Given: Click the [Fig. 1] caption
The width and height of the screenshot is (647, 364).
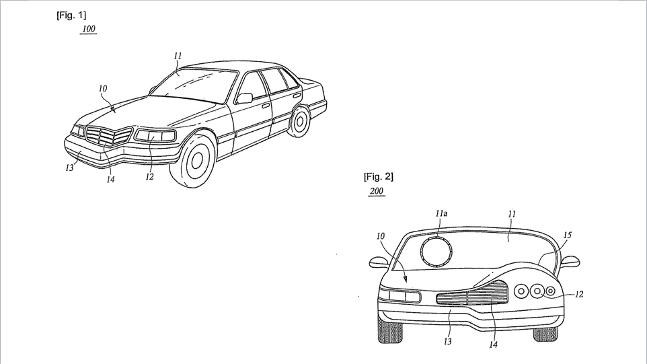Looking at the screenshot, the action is [x=71, y=15].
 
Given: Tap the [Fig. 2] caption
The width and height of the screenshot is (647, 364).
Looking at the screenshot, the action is [x=379, y=177].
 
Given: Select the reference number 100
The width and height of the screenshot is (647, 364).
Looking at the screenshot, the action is [x=89, y=29].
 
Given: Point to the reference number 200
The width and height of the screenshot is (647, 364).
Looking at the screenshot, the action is [x=377, y=191].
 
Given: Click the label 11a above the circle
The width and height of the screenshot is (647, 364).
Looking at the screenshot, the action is [x=441, y=213].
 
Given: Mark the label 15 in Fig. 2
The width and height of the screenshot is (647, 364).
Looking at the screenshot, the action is [x=568, y=235].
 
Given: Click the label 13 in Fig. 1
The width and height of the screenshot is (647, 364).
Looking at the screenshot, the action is [x=69, y=167].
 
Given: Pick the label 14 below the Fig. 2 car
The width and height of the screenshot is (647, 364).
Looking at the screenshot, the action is [x=494, y=344].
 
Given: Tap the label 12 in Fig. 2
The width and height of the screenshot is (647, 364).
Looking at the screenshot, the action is [x=579, y=294].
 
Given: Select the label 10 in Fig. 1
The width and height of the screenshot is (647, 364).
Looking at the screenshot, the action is [x=103, y=88].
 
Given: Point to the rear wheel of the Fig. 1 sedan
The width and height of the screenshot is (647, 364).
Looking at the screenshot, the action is [x=299, y=121].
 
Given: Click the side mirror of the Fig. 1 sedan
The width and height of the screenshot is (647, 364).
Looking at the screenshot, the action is [x=244, y=98].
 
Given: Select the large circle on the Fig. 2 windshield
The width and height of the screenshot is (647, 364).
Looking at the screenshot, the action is [x=437, y=251].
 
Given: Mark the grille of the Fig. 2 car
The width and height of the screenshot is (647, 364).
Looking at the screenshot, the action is [x=472, y=293].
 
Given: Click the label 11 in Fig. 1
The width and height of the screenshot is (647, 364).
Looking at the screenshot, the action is [x=178, y=55].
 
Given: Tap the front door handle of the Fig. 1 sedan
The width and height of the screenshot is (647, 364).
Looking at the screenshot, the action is [x=266, y=105].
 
